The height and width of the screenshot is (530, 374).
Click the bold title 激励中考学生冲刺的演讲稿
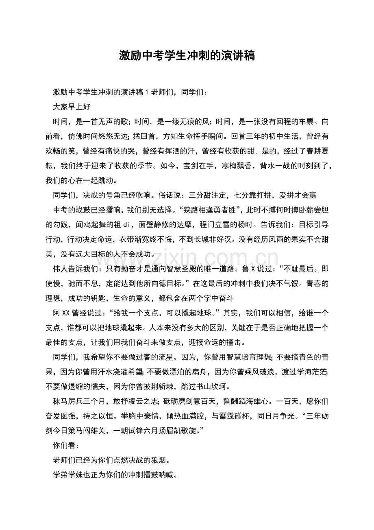(x=187, y=56)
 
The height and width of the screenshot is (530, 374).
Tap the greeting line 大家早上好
(x=72, y=107)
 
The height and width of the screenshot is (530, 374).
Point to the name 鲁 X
(x=248, y=269)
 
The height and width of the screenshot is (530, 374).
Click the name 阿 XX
(x=62, y=313)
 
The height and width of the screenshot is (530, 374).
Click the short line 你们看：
(x=64, y=445)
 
